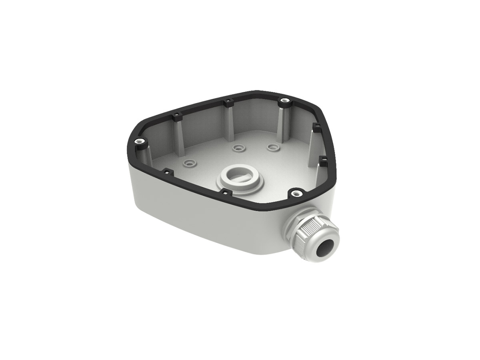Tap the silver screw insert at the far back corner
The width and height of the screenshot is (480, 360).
click(284, 100)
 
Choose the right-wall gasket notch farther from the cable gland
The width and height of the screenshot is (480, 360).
click(315, 126)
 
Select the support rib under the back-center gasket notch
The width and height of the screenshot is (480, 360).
click(228, 122)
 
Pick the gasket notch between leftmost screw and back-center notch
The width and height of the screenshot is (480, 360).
click(176, 116)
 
